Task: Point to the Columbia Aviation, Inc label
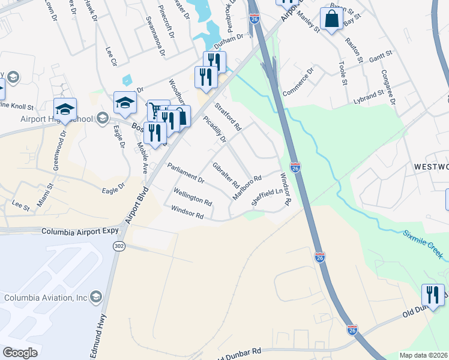point(44,298)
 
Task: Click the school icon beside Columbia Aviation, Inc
point(95,297)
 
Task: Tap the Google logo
point(19,353)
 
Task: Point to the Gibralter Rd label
point(226,175)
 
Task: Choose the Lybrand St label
point(367,95)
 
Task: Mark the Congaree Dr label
point(388,86)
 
